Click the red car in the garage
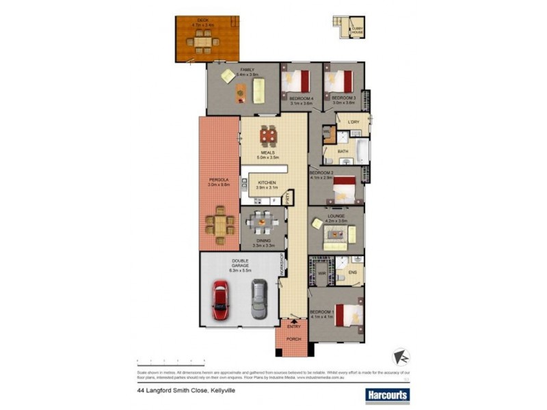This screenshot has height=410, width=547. [220, 300]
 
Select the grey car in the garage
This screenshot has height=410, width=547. [258, 300]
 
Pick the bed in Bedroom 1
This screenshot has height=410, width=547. [348, 315]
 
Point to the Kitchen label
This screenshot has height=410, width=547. [267, 182]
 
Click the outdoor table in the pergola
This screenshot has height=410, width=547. [220, 224]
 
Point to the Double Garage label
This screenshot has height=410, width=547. [240, 264]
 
